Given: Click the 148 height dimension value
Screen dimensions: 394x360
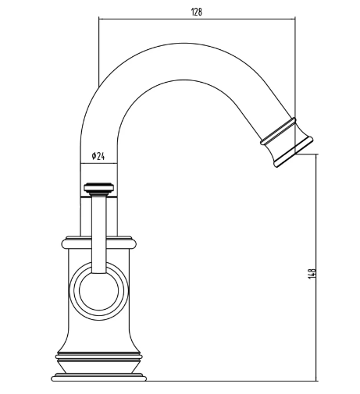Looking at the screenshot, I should (312, 274).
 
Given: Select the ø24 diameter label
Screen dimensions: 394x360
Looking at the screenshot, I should (98, 156).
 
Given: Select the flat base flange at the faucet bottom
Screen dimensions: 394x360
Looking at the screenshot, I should (98, 379).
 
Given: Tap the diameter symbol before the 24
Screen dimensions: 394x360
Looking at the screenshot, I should (94, 156).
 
